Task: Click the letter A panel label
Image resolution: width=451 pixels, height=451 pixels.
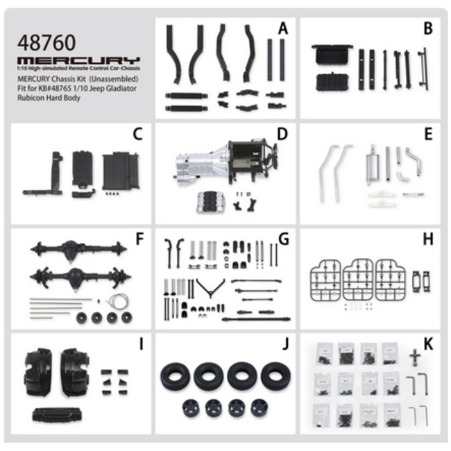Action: (282, 28)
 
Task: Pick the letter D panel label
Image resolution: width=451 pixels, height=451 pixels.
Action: (282, 133)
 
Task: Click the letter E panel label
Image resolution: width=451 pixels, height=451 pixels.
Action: (427, 133)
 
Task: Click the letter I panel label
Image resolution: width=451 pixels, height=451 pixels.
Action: (140, 344)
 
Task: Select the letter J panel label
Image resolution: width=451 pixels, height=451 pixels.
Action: (283, 344)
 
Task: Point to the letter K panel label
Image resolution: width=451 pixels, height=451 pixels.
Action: (427, 344)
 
